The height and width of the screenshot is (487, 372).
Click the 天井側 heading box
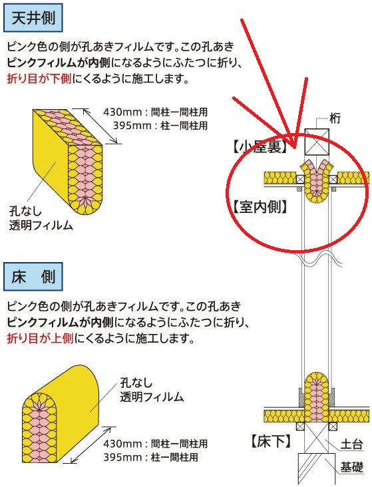coord(33,18)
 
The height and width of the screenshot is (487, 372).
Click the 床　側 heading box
coord(33,276)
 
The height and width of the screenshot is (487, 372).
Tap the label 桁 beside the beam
coord(335,118)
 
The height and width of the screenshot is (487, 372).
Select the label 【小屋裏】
coord(260,147)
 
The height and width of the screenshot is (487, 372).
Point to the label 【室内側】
coord(260,206)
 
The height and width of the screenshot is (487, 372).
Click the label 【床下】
coord(271,441)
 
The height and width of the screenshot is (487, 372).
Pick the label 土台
coord(351,444)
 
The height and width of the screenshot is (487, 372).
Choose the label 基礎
coord(351,467)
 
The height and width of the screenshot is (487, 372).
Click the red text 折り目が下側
coord(39,79)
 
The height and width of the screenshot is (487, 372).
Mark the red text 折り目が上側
coord(40,337)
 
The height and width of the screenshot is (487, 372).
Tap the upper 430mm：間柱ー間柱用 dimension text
coord(156,112)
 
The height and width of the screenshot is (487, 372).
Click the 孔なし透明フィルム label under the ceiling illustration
coord(41,218)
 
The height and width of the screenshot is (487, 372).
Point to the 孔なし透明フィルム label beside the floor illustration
coord(152,390)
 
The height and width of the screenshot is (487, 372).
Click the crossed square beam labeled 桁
coord(316,142)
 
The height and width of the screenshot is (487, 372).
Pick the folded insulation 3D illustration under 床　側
coord(61,413)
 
